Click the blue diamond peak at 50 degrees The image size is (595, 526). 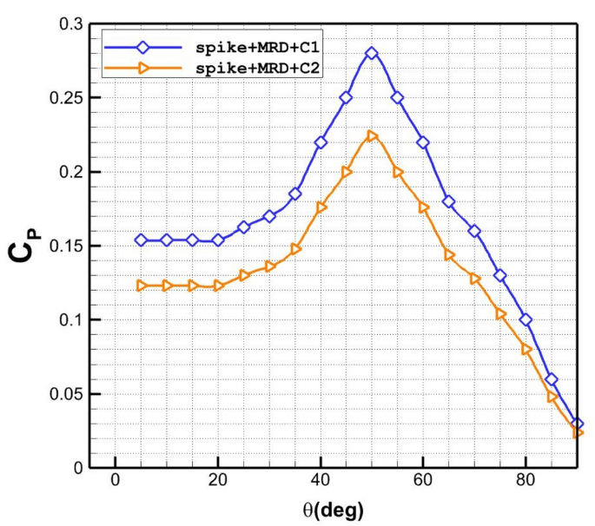[372, 53]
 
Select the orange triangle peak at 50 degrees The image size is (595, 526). [372, 136]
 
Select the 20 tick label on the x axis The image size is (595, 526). [217, 483]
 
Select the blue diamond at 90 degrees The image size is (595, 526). [578, 424]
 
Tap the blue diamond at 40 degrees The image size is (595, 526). [321, 142]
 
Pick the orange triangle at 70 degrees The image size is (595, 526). [474, 279]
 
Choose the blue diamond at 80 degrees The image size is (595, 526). [526, 320]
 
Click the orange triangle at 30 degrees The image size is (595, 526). [269, 266]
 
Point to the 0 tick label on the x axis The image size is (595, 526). [115, 483]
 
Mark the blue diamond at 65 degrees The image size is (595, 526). [449, 201]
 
